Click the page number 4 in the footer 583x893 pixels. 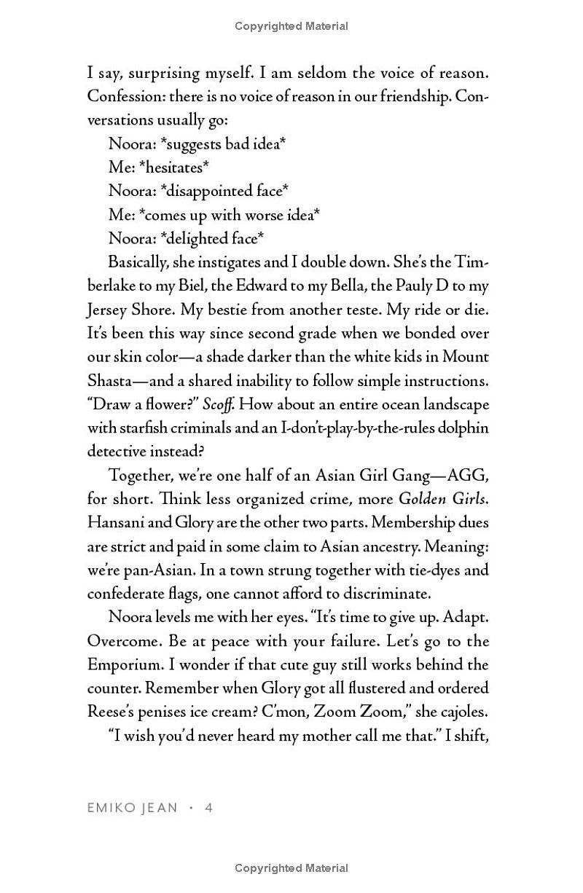[x=208, y=808]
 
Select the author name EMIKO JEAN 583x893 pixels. [x=132, y=808]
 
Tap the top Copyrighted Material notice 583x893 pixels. [x=291, y=26]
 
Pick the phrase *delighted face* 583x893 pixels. [x=213, y=238]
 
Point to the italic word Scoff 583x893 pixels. [x=216, y=404]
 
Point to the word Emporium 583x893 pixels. [x=123, y=664]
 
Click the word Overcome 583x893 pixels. [x=119, y=641]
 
